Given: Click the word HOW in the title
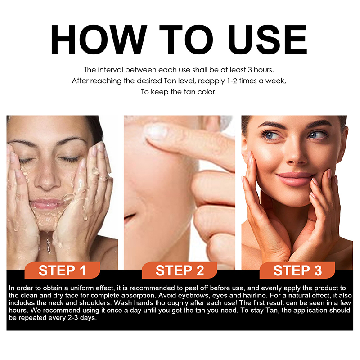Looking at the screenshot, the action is (x=99, y=40).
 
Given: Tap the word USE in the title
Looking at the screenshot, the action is (x=268, y=40).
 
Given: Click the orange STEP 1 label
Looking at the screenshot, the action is (x=62, y=270).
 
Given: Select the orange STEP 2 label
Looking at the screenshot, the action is (x=180, y=270).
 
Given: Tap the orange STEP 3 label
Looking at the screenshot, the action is (x=297, y=270).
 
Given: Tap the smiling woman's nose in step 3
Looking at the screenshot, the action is (x=296, y=156).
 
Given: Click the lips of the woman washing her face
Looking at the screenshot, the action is (x=47, y=204).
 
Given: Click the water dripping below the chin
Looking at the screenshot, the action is (x=48, y=243).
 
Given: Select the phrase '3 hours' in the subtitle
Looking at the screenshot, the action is (x=261, y=70).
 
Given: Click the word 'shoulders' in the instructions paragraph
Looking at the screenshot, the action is (x=95, y=303).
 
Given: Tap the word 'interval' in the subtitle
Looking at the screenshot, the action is (x=110, y=70).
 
